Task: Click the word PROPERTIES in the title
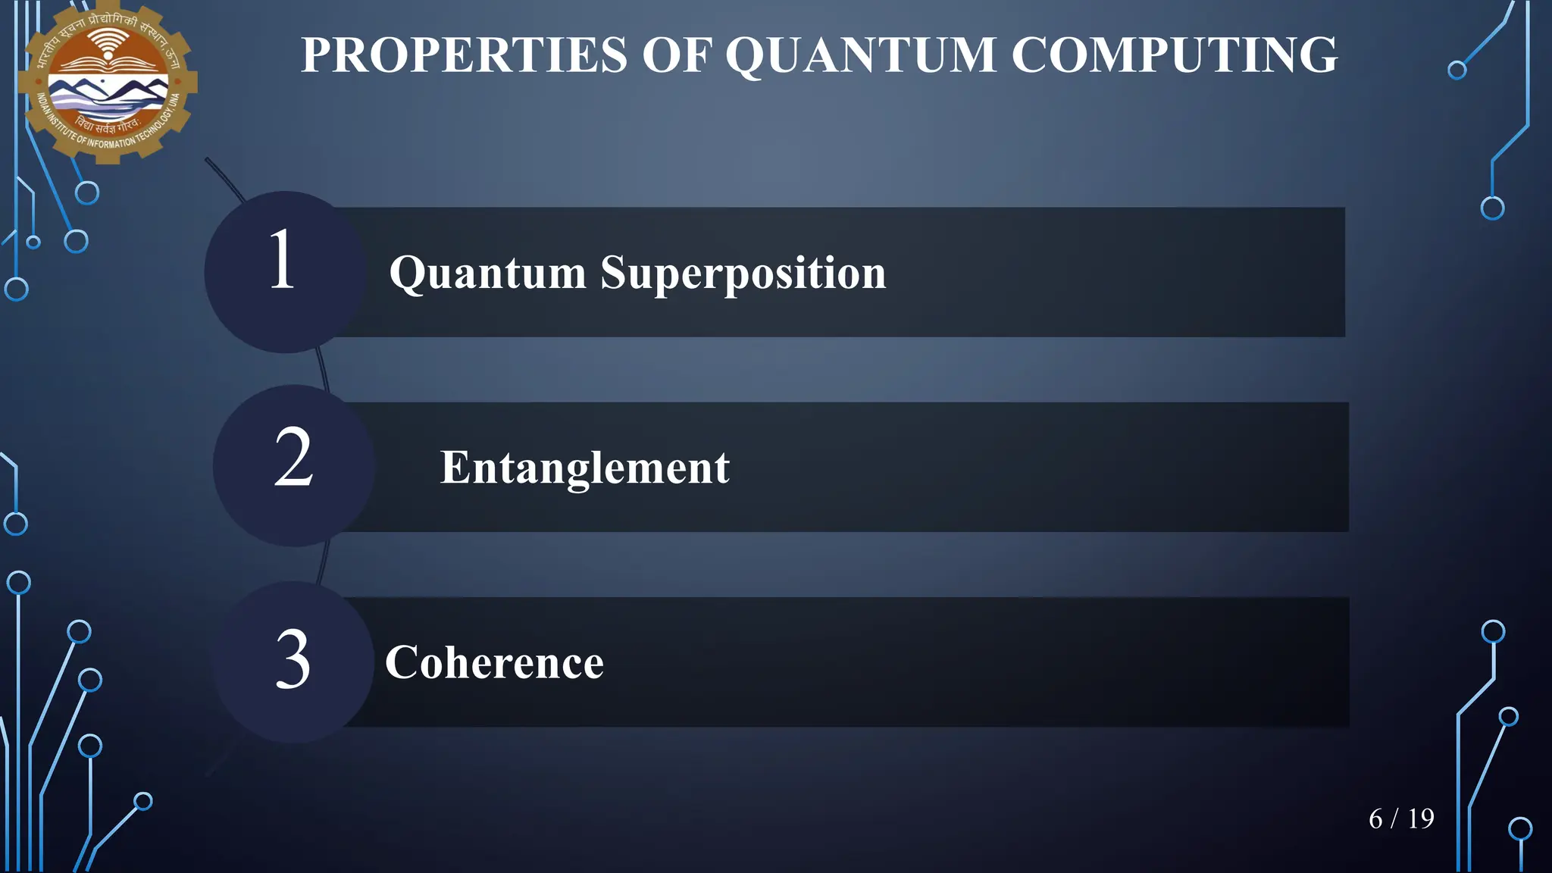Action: [x=464, y=55]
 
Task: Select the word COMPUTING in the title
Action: [x=1175, y=55]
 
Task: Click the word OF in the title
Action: [x=676, y=55]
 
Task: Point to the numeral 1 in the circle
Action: [x=282, y=260]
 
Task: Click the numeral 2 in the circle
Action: [x=293, y=458]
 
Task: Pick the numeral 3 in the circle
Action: [x=293, y=660]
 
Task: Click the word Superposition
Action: [x=743, y=273]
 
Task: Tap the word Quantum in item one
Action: [x=487, y=273]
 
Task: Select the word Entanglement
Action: [x=584, y=468]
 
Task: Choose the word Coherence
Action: [x=494, y=663]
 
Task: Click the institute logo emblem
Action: [x=108, y=82]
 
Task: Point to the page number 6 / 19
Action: [x=1401, y=819]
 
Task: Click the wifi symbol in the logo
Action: [x=108, y=43]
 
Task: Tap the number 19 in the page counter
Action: [x=1421, y=819]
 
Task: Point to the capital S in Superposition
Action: [x=615, y=273]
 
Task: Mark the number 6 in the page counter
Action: [x=1376, y=819]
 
